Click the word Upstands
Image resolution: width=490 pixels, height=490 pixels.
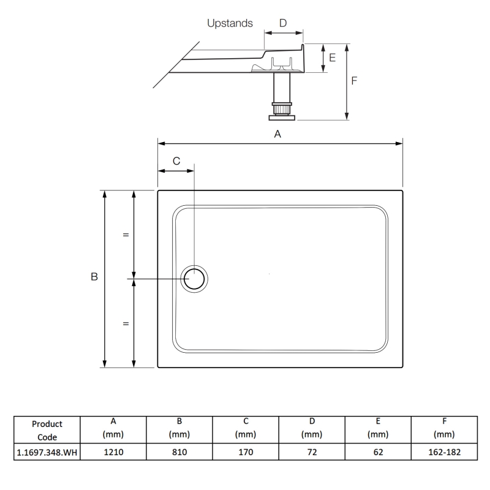[x=230, y=24]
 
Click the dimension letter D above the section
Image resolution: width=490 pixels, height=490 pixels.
[x=282, y=23]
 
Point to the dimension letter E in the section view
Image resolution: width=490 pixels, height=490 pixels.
[x=332, y=58]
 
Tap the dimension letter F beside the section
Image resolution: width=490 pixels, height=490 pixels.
[x=355, y=80]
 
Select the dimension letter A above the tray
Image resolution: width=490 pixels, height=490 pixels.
[x=277, y=134]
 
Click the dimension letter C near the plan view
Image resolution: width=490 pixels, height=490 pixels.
[x=176, y=161]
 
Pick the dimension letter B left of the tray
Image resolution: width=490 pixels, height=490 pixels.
[x=94, y=277]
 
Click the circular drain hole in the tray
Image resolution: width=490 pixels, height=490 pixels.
[x=195, y=279]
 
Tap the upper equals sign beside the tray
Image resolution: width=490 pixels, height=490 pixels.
[x=126, y=235]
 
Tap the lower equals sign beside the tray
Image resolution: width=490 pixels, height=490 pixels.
[x=126, y=323]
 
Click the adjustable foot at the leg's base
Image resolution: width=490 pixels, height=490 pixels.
[x=281, y=113]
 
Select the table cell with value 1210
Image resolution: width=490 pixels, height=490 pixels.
[x=112, y=452]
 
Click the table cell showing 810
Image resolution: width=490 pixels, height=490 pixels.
[x=178, y=452]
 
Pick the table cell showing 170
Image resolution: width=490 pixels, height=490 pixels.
[x=245, y=452]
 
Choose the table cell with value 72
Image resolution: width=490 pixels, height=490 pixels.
[x=311, y=452]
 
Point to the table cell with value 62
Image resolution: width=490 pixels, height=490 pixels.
[x=378, y=452]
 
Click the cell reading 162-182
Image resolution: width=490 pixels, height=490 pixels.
[x=443, y=452]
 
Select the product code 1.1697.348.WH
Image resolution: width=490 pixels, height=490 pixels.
[x=47, y=452]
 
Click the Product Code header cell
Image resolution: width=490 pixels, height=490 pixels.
[x=47, y=430]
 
